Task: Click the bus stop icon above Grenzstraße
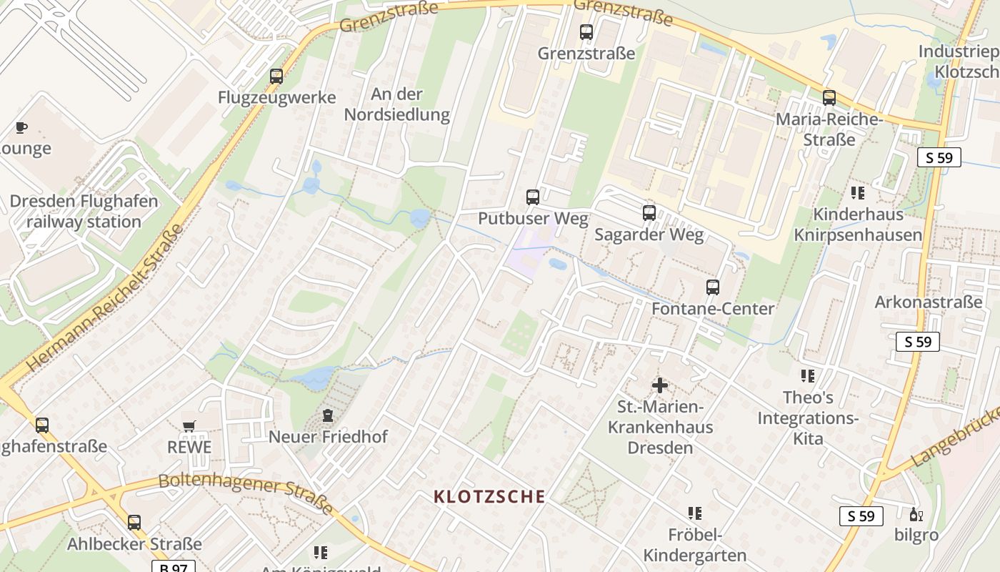586,32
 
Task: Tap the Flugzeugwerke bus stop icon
276,77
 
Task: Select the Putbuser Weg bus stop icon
533,197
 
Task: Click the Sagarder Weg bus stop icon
649,213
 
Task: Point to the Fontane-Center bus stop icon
712,287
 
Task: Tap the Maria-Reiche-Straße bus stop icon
829,98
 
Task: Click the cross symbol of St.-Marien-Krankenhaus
660,386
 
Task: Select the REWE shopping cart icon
189,426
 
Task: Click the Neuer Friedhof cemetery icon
328,415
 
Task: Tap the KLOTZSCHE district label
490,496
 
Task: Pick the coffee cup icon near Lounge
21,128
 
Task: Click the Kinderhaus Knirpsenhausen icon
858,193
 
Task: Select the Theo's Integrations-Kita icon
808,376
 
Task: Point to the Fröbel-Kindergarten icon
695,513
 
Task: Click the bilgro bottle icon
915,513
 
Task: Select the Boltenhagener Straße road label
246,493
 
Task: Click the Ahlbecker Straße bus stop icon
134,523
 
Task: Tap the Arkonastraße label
929,302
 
